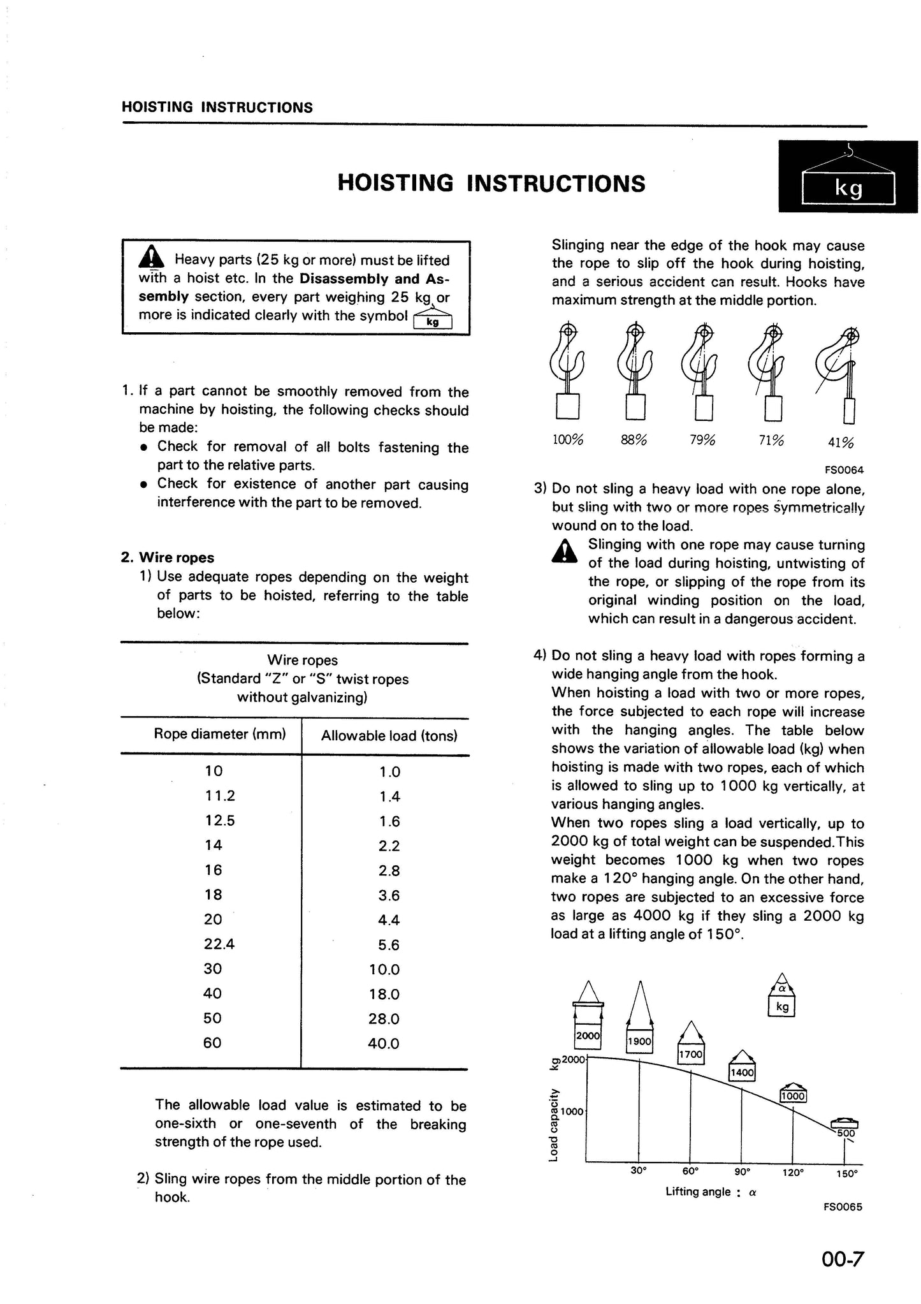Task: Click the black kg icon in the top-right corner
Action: (x=848, y=178)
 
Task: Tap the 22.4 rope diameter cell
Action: (x=219, y=944)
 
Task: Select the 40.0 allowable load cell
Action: (x=384, y=1043)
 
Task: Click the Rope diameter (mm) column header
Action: (x=220, y=734)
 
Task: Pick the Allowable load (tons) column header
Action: (x=389, y=736)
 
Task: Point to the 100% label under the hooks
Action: (x=567, y=440)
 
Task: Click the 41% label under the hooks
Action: (x=841, y=443)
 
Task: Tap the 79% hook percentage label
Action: (x=702, y=441)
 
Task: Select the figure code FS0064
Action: (x=844, y=470)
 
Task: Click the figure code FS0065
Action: (x=843, y=1206)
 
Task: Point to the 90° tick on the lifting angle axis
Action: (x=741, y=1171)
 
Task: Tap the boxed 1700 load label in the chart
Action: (x=690, y=1055)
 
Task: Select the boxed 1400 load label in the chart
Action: (x=742, y=1073)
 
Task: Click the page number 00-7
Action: (x=842, y=1260)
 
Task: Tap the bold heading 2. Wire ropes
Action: (x=168, y=557)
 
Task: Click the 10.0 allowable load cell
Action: (x=384, y=969)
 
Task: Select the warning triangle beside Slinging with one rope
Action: (x=564, y=551)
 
